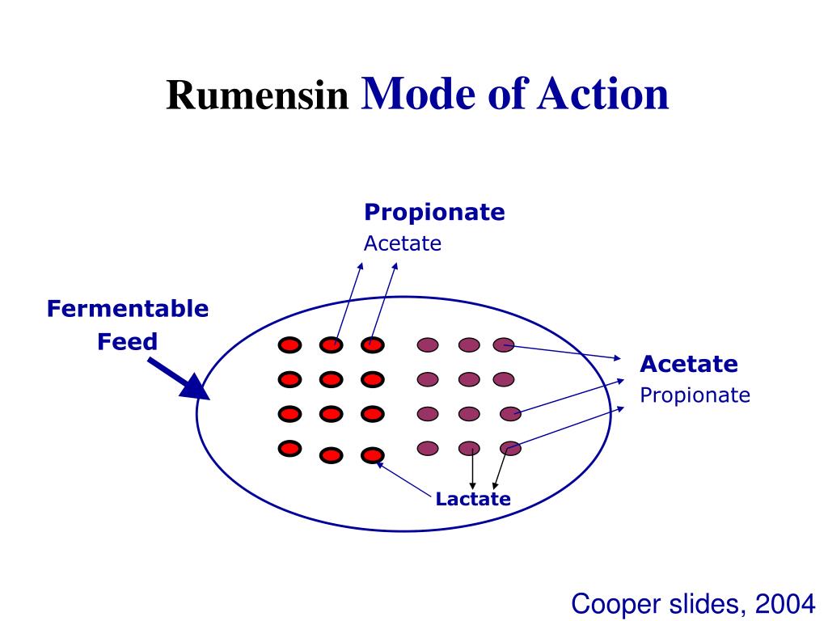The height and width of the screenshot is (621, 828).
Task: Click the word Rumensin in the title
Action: [x=257, y=96]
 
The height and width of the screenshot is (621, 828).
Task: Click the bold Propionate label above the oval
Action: [x=434, y=213]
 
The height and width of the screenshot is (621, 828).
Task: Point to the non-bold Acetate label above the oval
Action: [x=403, y=243]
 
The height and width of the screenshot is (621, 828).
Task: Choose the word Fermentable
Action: [x=127, y=309]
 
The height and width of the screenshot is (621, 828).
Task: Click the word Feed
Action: [x=128, y=341]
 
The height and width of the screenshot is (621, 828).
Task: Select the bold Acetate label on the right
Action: [x=689, y=365]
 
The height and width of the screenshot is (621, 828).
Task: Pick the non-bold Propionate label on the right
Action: [x=695, y=395]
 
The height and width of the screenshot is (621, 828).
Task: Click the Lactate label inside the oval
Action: [x=473, y=499]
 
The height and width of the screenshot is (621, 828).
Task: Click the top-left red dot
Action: [x=289, y=346]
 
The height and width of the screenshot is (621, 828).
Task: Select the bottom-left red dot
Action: [x=289, y=447]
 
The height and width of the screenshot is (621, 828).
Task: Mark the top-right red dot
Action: [x=372, y=345]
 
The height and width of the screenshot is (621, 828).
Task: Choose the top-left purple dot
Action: [x=428, y=345]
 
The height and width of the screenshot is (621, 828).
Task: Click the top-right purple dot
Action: [x=504, y=345]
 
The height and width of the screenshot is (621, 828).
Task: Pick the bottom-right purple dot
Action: [x=510, y=447]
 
